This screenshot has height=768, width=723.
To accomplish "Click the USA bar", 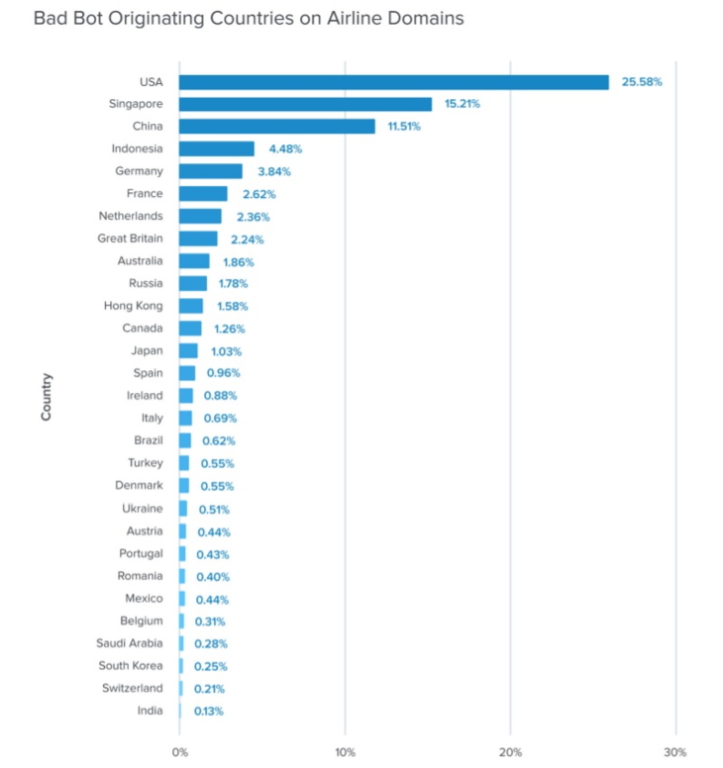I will pos(393,82).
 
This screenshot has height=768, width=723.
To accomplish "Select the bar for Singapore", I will pos(305,104).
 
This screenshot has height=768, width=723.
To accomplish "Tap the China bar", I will pos(277,127).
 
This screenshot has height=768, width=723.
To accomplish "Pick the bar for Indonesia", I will pos(216,148).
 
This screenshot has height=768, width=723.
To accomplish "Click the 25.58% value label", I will pos(642,82).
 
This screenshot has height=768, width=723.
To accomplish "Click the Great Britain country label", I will pos(131,239).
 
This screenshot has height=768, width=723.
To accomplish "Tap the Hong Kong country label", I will pos(134,306).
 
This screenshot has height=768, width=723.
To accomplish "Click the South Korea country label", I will pos(131,665).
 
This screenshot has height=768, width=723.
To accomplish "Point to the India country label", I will pos(151,711).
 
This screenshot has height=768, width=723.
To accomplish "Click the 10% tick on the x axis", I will pos(345,751).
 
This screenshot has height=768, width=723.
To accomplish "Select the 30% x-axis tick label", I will pos(674,751).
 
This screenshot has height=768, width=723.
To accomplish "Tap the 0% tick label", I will pos(179,751).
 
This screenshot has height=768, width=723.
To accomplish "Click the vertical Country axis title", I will pos(47,396).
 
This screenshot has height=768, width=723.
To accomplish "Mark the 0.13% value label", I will pos(208,711).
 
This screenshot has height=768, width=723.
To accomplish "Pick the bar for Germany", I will pos(210,171).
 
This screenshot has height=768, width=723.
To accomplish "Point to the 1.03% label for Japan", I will pos(226,351).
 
